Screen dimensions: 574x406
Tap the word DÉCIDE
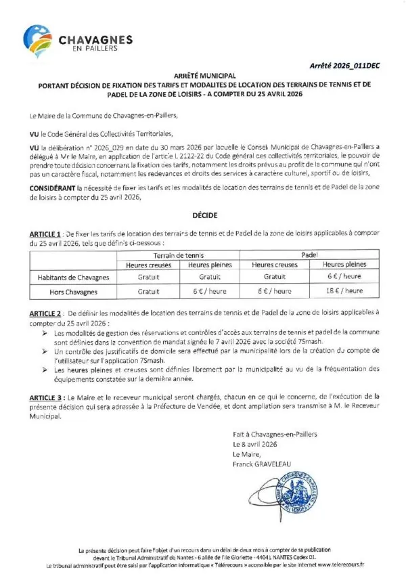(x=203, y=215)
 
